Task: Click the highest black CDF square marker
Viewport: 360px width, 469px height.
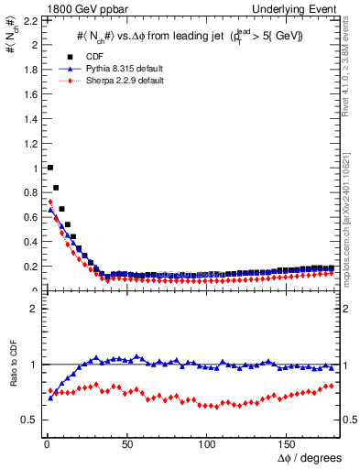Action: [x=49, y=168]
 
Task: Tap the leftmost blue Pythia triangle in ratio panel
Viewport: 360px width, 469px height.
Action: [x=49, y=398]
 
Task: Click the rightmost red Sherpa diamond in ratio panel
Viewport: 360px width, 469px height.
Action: [x=332, y=386]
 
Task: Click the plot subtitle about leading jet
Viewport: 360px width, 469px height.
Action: [x=189, y=36]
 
